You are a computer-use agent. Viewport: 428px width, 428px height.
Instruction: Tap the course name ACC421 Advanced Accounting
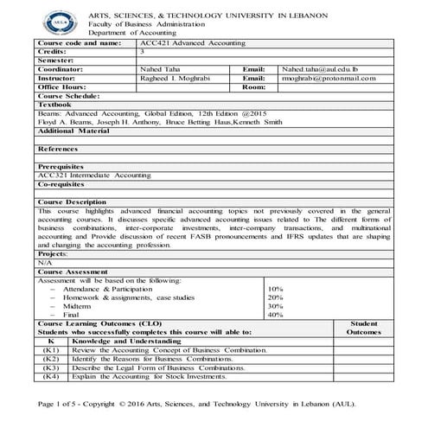[191, 42]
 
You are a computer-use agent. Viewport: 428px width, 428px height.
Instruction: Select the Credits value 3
[142, 52]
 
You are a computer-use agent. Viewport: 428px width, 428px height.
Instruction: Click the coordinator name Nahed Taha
[160, 69]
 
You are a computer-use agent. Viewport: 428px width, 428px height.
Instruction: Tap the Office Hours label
[61, 86]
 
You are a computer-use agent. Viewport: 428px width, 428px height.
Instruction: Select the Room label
[253, 86]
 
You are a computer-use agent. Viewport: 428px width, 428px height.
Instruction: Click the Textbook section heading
[54, 105]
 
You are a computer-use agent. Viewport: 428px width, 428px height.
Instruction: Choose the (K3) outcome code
[51, 367]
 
